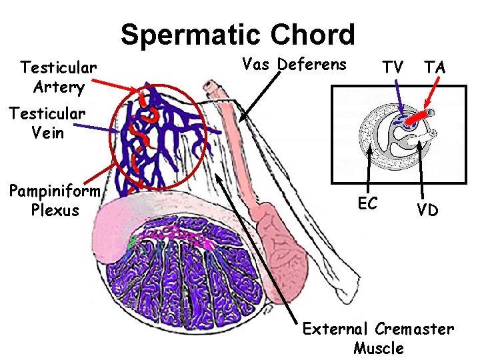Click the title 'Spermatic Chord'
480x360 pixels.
pyautogui.click(x=238, y=35)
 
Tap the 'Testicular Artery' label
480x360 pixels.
pyautogui.click(x=59, y=77)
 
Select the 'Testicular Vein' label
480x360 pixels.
pyautogui.click(x=47, y=123)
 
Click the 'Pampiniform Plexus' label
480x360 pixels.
pyautogui.click(x=54, y=201)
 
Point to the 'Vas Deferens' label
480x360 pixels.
pyautogui.click(x=294, y=65)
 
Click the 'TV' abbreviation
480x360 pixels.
pyautogui.click(x=392, y=67)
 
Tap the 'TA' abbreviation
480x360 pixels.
pyautogui.click(x=435, y=67)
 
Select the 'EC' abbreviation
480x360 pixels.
pyautogui.click(x=367, y=203)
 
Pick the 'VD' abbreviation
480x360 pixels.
pyautogui.click(x=427, y=210)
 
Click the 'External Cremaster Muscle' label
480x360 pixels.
pyautogui.click(x=378, y=338)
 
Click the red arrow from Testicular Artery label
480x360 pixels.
pyautogui.click(x=117, y=86)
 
